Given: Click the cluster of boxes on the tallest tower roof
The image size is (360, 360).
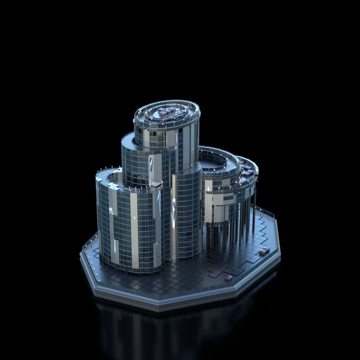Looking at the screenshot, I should click(171, 113).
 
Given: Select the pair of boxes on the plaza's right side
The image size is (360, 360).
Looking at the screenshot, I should click(264, 251).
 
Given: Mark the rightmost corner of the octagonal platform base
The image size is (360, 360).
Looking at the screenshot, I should click(280, 257).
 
